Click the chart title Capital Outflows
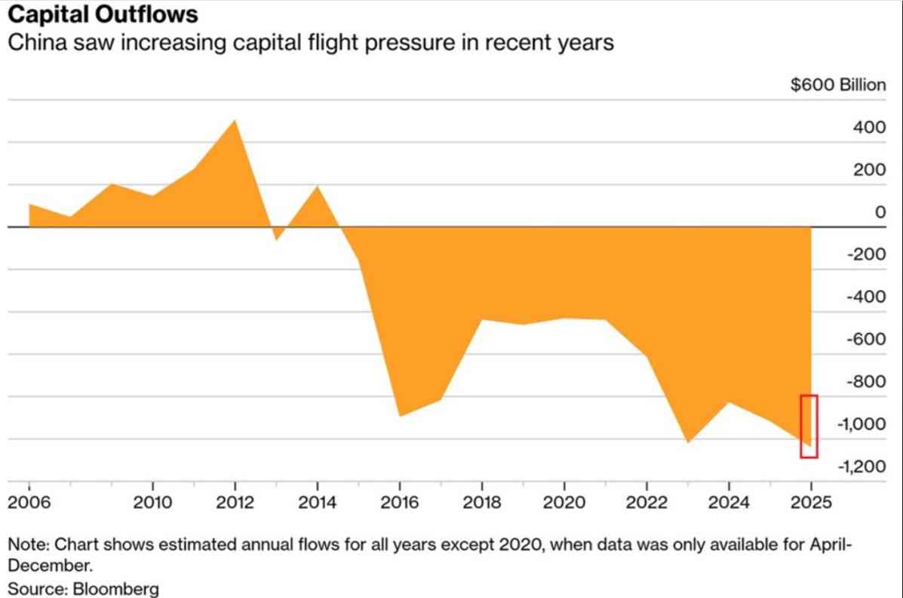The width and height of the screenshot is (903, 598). (x=103, y=14)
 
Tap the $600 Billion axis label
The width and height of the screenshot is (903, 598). (x=838, y=85)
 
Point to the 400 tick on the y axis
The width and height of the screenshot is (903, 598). (x=870, y=127)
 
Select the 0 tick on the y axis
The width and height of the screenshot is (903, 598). (x=880, y=212)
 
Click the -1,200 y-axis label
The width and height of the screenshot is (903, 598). (x=862, y=466)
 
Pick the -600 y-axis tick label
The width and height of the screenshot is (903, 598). (x=866, y=339)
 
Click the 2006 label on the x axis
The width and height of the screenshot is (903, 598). (x=29, y=502)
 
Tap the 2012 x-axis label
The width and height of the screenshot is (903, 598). (x=235, y=502)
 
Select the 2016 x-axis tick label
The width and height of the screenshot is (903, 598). (x=400, y=502)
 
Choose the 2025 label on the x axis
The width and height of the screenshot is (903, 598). (x=811, y=502)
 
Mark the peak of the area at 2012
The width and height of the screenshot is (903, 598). (x=235, y=120)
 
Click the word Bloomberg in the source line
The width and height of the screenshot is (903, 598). (x=115, y=590)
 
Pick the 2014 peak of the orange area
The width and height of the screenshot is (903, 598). (x=318, y=186)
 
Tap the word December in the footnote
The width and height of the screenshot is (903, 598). (x=50, y=566)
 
